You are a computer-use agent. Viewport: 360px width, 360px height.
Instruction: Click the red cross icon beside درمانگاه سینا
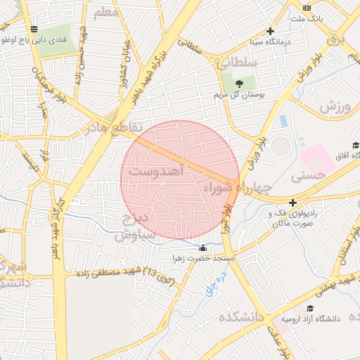coord(270,31)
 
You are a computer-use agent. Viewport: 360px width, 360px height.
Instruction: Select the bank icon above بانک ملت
coord(307,7)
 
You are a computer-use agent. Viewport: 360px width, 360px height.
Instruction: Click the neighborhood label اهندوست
coord(158,171)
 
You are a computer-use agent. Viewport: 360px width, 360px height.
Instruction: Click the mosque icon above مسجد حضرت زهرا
coord(203,247)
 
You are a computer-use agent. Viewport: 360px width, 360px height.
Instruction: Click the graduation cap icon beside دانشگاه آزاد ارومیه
coord(310,308)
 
